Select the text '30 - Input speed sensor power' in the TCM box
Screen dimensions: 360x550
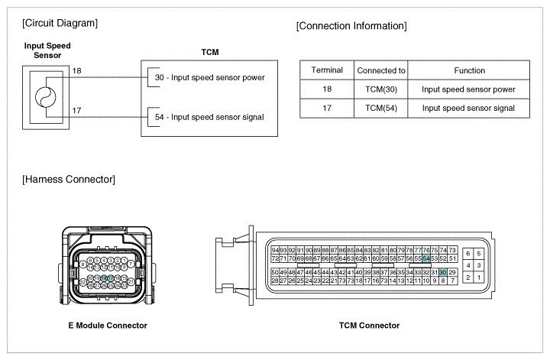(x=209, y=77)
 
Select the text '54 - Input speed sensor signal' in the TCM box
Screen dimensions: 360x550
(x=209, y=117)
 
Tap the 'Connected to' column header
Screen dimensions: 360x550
(x=381, y=70)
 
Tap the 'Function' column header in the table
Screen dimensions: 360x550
(x=469, y=70)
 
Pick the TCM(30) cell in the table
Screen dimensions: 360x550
(x=381, y=89)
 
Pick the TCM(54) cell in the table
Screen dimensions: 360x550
(x=381, y=108)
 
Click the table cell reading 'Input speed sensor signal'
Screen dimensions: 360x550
(x=469, y=108)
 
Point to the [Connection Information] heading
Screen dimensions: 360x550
(x=351, y=26)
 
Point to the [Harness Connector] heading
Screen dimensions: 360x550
(x=70, y=180)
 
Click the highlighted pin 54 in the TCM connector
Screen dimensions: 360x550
(x=426, y=259)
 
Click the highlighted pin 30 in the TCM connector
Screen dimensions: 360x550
(x=443, y=273)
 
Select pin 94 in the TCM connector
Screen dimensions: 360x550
(x=275, y=250)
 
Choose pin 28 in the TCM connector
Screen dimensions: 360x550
(x=275, y=281)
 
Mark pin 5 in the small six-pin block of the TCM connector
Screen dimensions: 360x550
(x=479, y=253)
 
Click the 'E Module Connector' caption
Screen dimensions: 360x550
(x=107, y=326)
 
